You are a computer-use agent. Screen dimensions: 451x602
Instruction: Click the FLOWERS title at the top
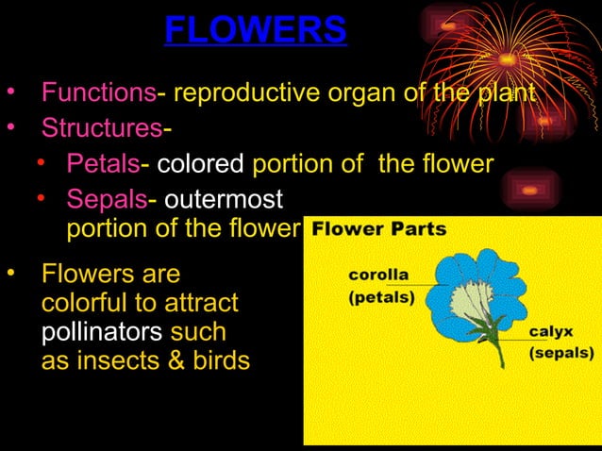[x=256, y=30]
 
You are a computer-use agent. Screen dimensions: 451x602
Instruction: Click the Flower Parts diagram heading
[x=379, y=229]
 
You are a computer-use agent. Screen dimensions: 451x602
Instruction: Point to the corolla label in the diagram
[x=378, y=275]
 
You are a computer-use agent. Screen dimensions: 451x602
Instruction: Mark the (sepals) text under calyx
[x=560, y=353]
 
